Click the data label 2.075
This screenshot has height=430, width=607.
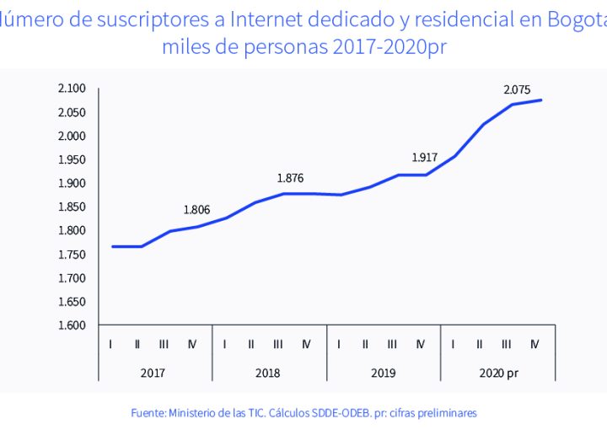tap(517, 89)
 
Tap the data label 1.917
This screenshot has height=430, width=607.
tap(425, 158)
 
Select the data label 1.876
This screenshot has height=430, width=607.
tap(290, 178)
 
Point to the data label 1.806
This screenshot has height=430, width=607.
tap(196, 210)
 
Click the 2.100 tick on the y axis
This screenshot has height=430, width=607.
tap(73, 89)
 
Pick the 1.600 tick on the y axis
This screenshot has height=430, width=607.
tap(73, 325)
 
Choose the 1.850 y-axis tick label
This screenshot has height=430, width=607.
tap(73, 207)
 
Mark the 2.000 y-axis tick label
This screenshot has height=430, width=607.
tap(73, 137)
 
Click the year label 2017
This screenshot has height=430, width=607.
tap(153, 373)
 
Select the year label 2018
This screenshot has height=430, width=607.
tap(267, 373)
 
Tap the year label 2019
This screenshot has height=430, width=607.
tap(382, 373)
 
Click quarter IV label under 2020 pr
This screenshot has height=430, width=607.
tap(534, 344)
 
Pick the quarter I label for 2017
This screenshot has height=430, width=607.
tap(111, 344)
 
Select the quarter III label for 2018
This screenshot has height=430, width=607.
tap(278, 344)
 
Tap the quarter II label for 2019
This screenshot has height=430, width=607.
tap(365, 344)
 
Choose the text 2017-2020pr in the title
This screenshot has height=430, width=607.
tap(379, 46)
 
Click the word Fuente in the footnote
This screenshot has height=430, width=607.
tap(148, 413)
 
